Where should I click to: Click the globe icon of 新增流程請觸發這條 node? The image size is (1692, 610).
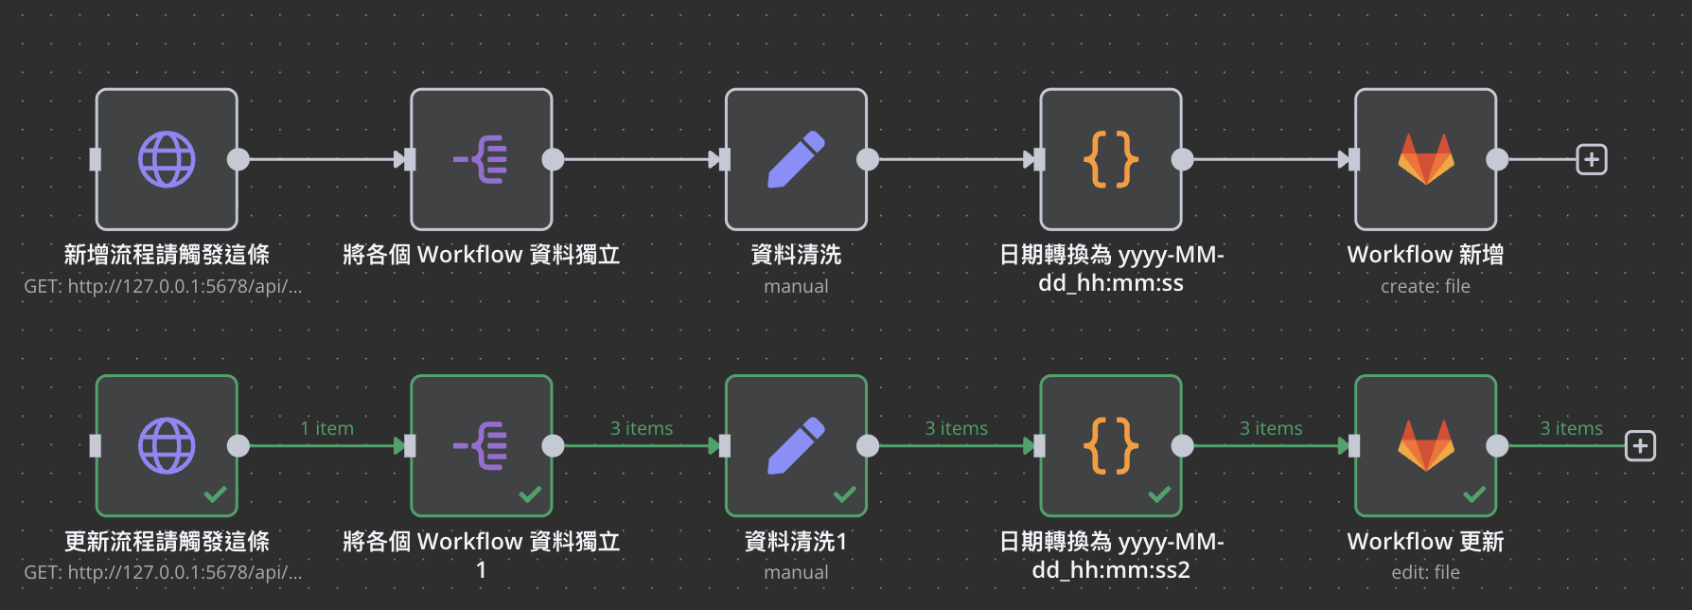(x=167, y=159)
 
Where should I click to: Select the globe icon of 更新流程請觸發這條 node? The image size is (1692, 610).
(x=167, y=445)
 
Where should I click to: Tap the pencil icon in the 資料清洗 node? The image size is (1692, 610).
(x=796, y=159)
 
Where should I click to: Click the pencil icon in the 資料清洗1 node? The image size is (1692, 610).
(x=796, y=445)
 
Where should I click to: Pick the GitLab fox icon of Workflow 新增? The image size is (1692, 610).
(x=1426, y=159)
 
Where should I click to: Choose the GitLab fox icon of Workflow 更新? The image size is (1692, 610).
(x=1426, y=445)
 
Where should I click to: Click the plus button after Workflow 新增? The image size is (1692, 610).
(x=1592, y=159)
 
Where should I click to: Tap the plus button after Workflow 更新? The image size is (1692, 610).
(x=1640, y=445)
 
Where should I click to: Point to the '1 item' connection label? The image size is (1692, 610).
(x=326, y=428)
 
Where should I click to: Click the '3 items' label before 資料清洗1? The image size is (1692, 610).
(x=642, y=428)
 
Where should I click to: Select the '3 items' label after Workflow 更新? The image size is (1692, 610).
(x=1571, y=428)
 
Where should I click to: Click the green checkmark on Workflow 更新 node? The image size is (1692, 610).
(x=1474, y=493)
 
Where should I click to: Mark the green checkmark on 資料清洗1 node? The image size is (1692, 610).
(x=844, y=493)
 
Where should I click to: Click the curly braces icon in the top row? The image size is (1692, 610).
(x=1111, y=159)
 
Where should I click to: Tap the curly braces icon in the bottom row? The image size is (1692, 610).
(x=1111, y=445)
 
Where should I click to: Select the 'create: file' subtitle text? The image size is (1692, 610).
(x=1425, y=286)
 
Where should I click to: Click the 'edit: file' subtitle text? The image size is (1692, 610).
(x=1425, y=572)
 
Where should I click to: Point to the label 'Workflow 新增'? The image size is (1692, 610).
(x=1425, y=255)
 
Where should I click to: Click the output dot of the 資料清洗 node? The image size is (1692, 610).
(x=868, y=159)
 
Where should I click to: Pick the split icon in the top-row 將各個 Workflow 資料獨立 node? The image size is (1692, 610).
(x=481, y=159)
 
